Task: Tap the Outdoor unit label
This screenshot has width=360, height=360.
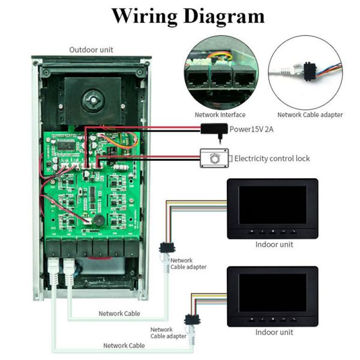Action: pyautogui.click(x=91, y=50)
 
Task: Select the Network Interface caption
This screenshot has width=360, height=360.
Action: pyautogui.click(x=220, y=115)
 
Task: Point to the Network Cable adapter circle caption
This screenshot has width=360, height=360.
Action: pyautogui.click(x=310, y=115)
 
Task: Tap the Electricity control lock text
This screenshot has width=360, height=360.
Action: pyautogui.click(x=272, y=158)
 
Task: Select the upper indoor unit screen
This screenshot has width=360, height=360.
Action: pyautogui.click(x=272, y=205)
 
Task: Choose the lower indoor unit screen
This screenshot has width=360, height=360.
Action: pyautogui.click(x=272, y=292)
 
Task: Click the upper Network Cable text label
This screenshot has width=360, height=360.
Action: pyautogui.click(x=119, y=313)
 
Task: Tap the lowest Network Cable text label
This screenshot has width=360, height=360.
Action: pyautogui.click(x=124, y=345)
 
